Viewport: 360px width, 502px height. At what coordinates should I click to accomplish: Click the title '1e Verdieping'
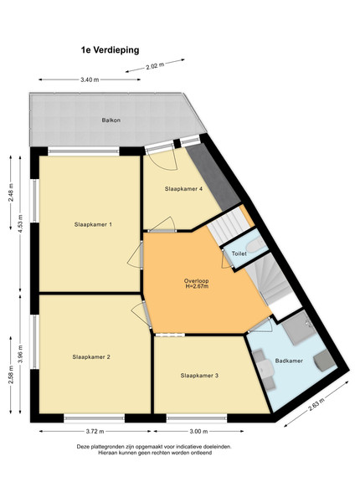111,50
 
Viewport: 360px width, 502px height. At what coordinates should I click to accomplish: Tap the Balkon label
111,120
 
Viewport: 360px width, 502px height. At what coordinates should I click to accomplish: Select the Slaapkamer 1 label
93,224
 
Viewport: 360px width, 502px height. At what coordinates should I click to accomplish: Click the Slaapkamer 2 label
91,356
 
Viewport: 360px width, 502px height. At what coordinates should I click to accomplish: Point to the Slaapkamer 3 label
199,375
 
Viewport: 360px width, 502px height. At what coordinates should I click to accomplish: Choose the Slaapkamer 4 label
183,189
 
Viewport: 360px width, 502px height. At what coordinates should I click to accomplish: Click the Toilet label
239,254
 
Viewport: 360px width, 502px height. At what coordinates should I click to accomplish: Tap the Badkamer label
289,361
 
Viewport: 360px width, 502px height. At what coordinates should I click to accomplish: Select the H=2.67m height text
197,286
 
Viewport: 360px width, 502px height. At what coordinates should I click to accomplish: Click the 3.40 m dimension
90,79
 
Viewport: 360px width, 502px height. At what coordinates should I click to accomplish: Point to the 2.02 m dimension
155,66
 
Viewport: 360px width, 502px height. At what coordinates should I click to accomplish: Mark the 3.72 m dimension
95,431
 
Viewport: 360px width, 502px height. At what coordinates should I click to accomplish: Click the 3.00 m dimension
198,431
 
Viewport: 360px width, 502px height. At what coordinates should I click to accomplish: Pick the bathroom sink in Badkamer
266,369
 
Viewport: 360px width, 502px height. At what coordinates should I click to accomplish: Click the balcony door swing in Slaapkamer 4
163,160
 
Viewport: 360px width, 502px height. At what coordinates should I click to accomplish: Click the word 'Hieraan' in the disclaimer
108,453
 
